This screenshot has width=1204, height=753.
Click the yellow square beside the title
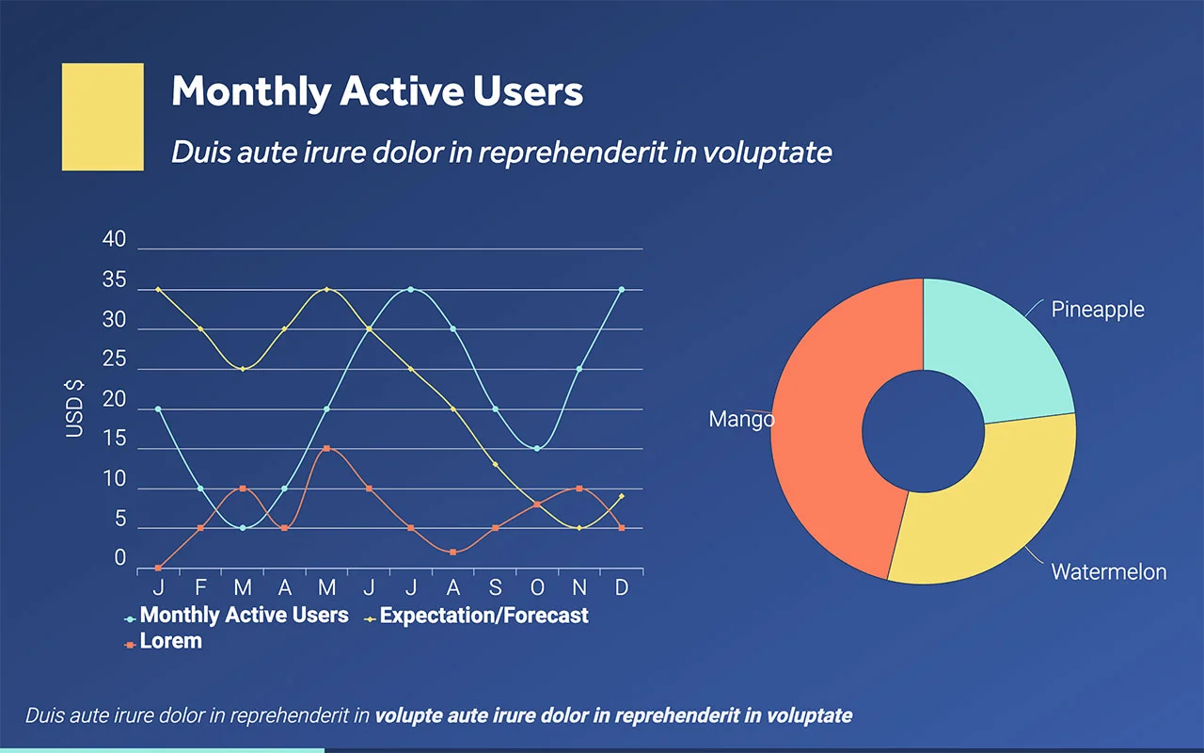pos(103,117)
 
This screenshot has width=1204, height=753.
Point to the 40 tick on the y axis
pos(114,240)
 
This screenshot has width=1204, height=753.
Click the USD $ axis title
pos(74,409)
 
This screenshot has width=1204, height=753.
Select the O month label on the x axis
pos(537,588)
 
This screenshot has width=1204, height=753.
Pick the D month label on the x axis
pos(622,588)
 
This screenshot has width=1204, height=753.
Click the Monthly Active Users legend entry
pos(244,616)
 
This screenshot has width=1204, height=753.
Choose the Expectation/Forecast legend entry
pos(483,616)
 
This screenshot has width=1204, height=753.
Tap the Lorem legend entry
pos(170,642)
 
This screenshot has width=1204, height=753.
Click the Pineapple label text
pos(1098,310)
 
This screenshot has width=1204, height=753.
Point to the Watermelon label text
pos(1108,571)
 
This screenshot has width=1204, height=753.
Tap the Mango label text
pos(741,420)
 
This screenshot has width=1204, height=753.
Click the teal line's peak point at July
pos(411,289)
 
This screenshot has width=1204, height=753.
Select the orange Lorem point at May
pos(326,448)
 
